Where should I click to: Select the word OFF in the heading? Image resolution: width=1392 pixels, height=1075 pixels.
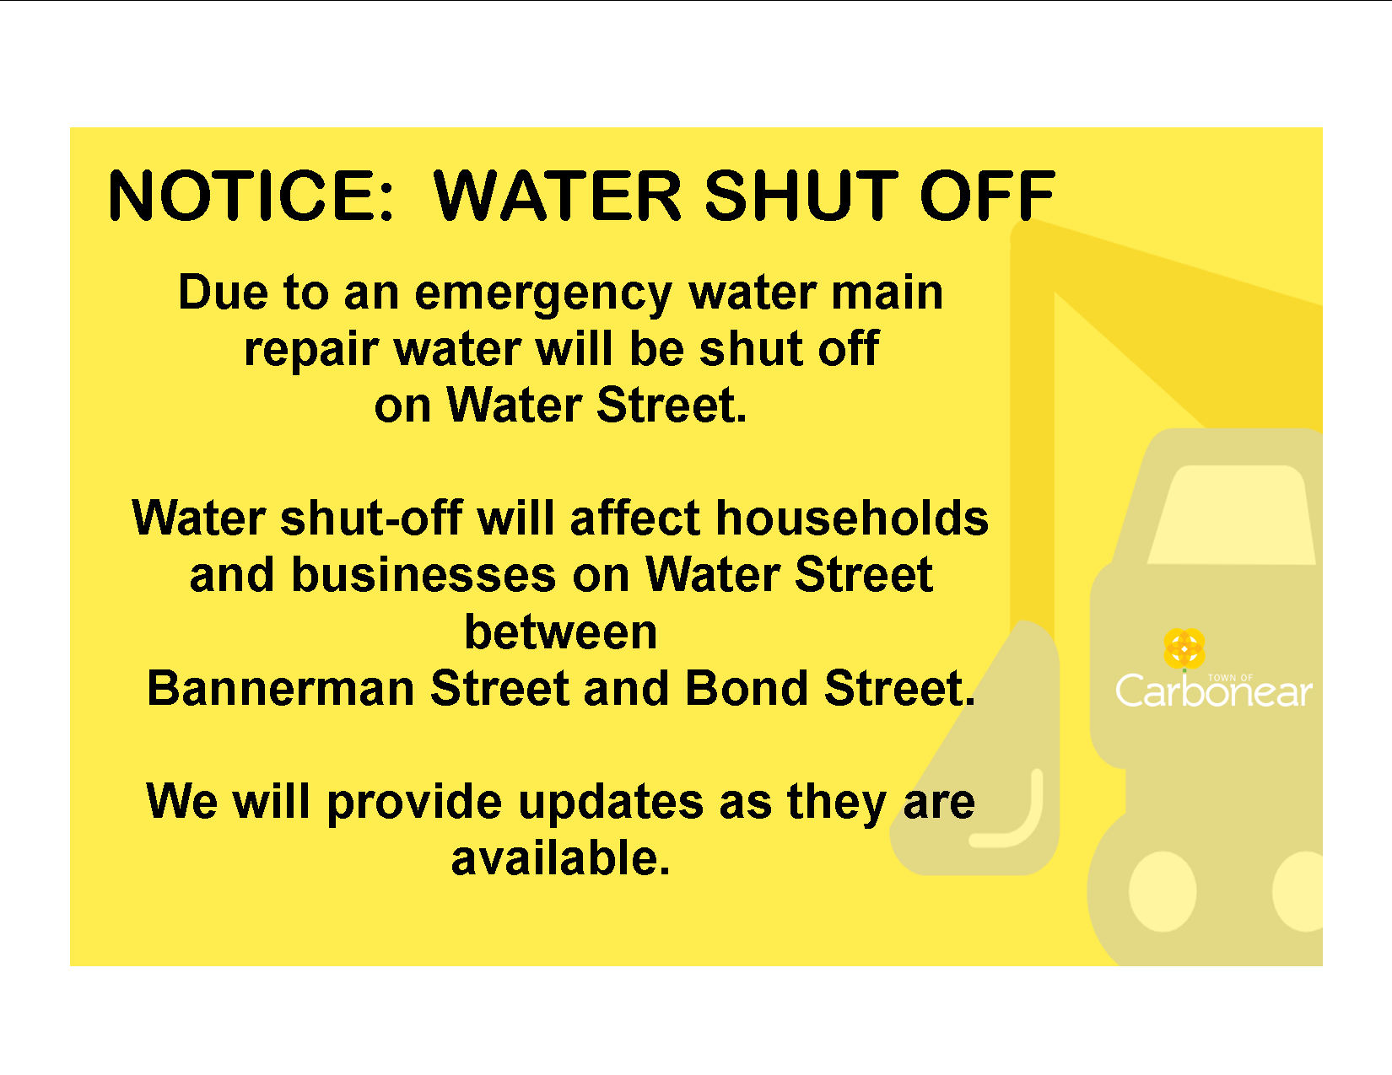click(x=987, y=196)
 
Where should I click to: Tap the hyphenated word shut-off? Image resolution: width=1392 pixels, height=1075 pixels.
click(x=371, y=518)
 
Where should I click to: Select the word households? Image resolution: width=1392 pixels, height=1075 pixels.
click(x=852, y=518)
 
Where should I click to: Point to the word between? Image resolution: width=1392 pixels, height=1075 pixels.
click(x=560, y=632)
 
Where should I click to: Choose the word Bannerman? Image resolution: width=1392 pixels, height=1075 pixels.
click(x=281, y=688)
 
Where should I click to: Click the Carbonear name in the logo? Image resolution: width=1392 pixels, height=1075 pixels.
click(x=1214, y=691)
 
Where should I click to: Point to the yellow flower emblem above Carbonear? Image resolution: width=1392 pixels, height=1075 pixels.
click(x=1184, y=648)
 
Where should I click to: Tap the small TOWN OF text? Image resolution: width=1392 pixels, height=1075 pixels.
click(x=1231, y=677)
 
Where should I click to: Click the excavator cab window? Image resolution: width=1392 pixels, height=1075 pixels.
click(x=1231, y=515)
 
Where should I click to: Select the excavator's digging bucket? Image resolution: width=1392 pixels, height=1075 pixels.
click(x=980, y=762)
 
